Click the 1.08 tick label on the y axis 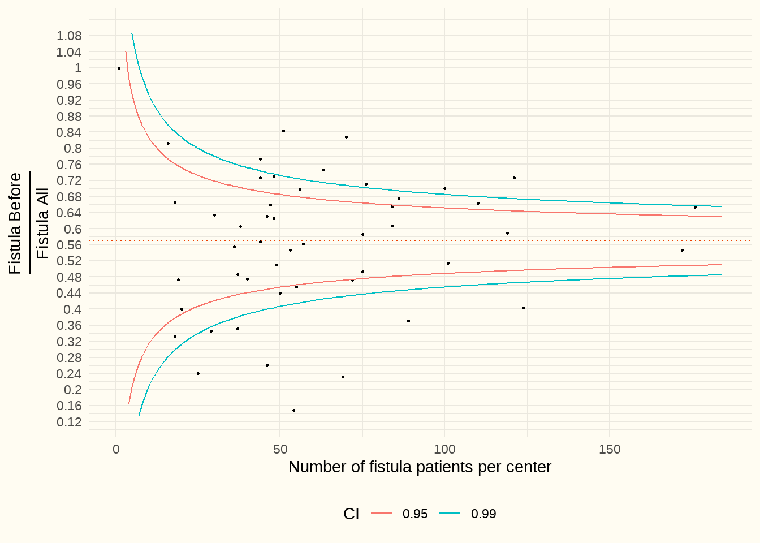[x=69, y=36]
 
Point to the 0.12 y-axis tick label [x=69, y=422]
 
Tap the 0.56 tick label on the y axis [x=69, y=245]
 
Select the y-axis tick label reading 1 [x=78, y=68]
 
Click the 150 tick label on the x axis [x=609, y=450]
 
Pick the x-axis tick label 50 [x=280, y=450]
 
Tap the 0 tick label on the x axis [x=116, y=450]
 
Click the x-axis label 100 [x=444, y=450]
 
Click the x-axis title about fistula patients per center [x=420, y=467]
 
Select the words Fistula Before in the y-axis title [x=15, y=223]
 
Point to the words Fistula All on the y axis [x=43, y=224]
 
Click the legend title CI [x=351, y=514]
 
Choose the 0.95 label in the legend [x=415, y=514]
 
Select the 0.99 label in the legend [x=483, y=514]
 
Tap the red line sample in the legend [x=382, y=514]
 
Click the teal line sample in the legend [x=450, y=514]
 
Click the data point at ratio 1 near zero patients [x=119, y=68]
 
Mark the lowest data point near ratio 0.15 [x=293, y=410]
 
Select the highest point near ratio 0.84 [x=283, y=131]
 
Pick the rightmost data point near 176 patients [x=695, y=207]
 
